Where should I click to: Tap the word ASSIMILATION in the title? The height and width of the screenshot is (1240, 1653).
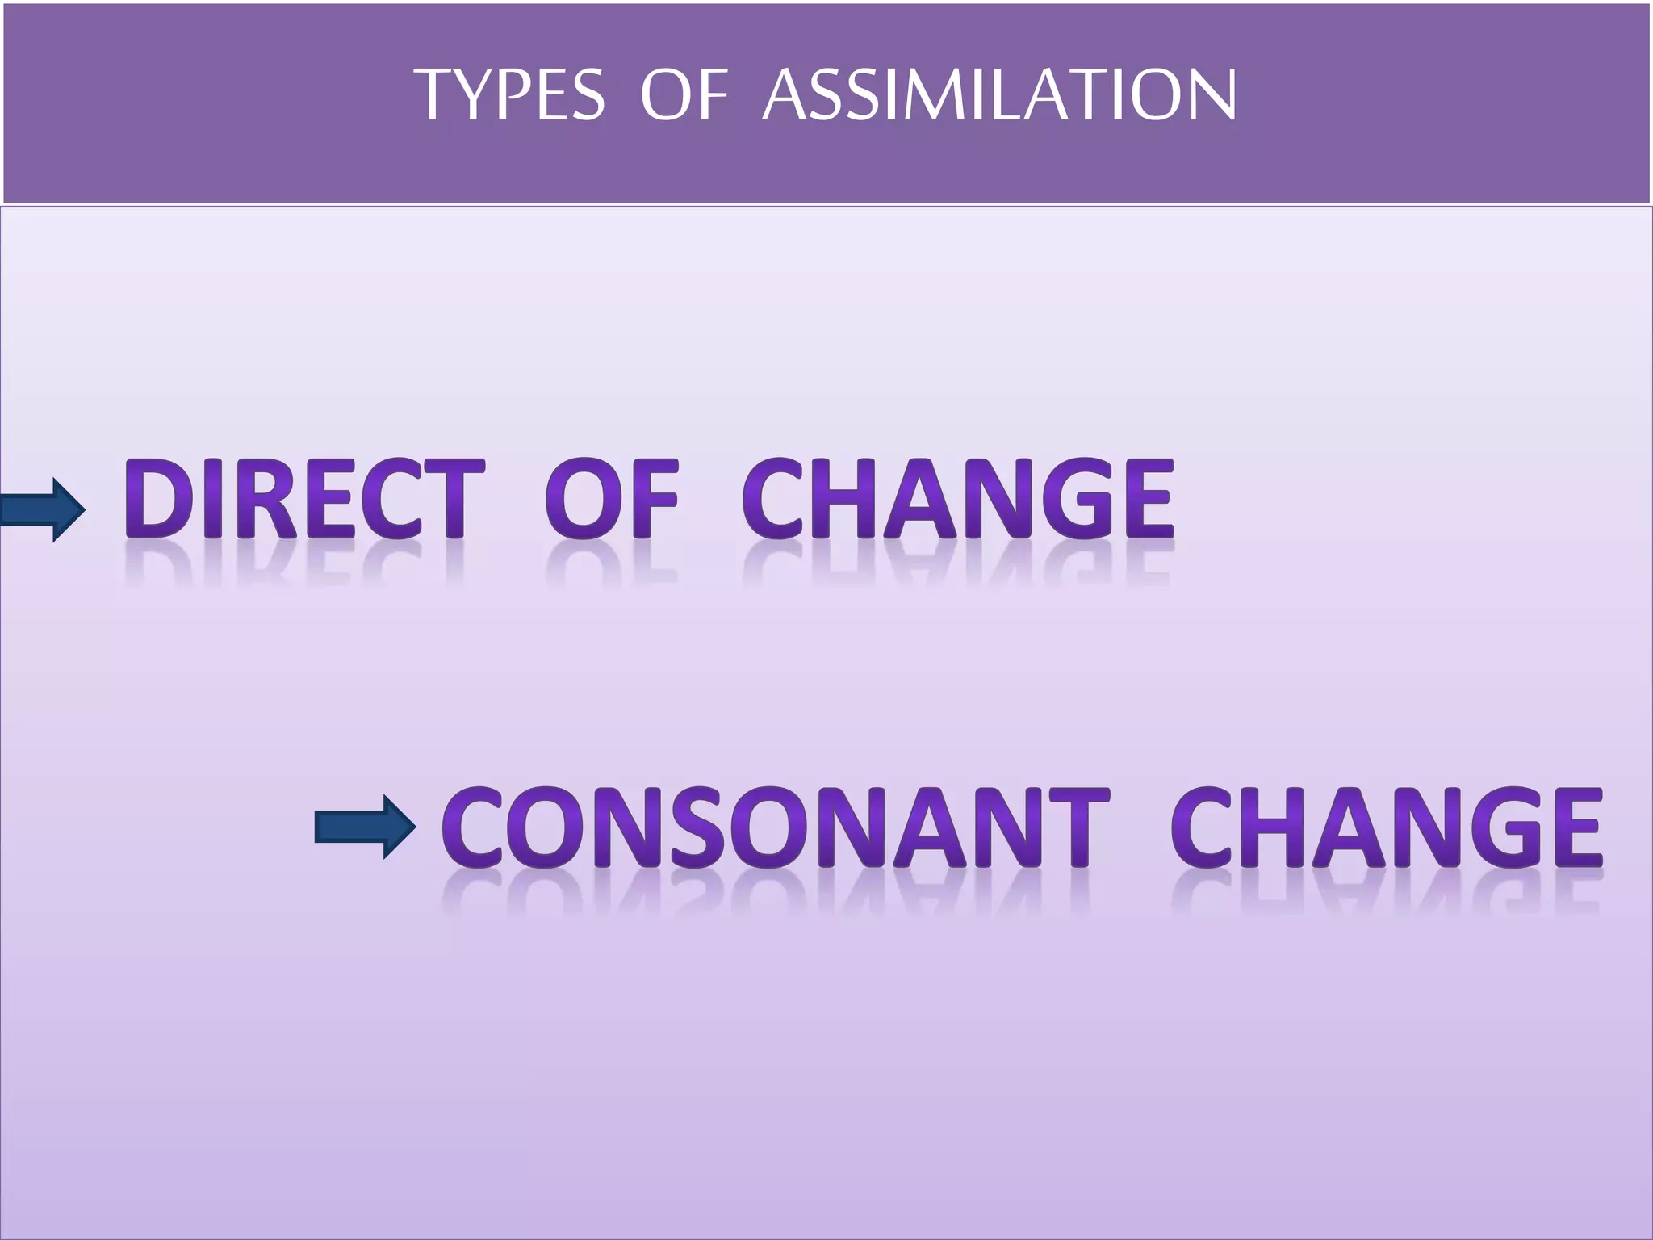(x=998, y=95)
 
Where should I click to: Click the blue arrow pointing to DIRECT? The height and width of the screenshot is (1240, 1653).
(x=42, y=509)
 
